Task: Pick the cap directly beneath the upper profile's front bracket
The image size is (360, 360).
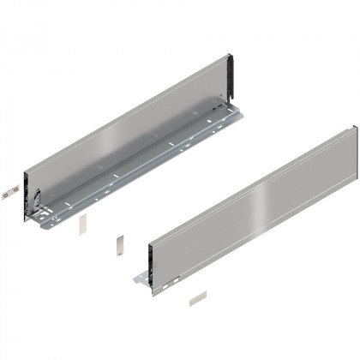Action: point(82,224)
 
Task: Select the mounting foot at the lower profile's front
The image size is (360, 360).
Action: point(142,279)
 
